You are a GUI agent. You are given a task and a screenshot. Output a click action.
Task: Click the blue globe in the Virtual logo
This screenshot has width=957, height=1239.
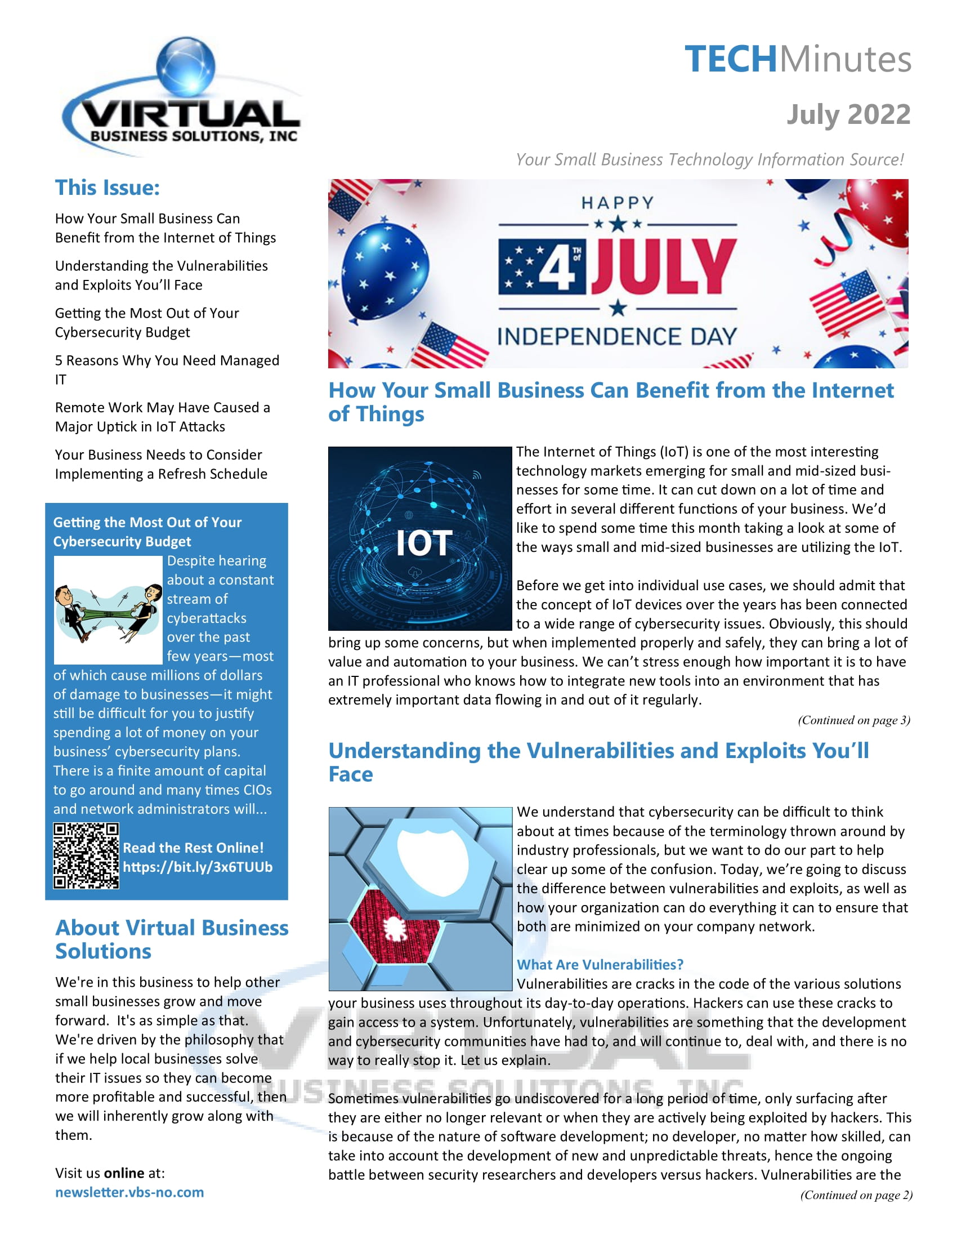point(185,65)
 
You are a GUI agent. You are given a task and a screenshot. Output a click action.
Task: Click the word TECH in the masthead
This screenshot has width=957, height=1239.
point(730,59)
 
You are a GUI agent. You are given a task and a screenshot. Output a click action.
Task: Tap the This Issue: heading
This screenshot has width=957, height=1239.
point(107,188)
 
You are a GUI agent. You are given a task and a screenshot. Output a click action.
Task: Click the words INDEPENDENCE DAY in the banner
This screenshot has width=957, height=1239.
point(617,336)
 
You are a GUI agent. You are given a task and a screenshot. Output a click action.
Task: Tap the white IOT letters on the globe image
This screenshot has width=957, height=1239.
point(424,543)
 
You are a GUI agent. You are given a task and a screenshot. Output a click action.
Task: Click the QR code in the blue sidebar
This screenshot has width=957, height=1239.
point(86,855)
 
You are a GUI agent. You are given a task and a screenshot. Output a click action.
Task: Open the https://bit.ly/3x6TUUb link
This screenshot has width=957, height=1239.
point(197,867)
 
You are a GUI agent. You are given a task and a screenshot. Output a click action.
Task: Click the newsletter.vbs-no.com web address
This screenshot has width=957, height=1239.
point(129,1192)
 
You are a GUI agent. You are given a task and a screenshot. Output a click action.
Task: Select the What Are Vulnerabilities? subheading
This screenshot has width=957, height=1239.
point(600,964)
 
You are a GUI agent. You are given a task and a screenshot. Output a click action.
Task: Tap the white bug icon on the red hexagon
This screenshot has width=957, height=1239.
point(393,928)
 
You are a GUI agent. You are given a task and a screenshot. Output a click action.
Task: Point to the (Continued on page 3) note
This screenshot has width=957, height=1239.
point(853,720)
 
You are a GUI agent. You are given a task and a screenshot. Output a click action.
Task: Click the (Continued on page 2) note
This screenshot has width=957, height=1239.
point(856,1195)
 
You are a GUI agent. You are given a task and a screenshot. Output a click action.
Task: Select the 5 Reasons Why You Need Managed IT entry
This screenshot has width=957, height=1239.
point(167,369)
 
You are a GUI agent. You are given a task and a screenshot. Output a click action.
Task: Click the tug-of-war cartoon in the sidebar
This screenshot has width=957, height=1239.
point(108,610)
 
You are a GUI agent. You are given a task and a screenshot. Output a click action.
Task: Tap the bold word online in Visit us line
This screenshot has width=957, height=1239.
point(124,1173)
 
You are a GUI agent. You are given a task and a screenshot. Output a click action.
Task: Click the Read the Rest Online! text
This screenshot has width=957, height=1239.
point(193,848)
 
